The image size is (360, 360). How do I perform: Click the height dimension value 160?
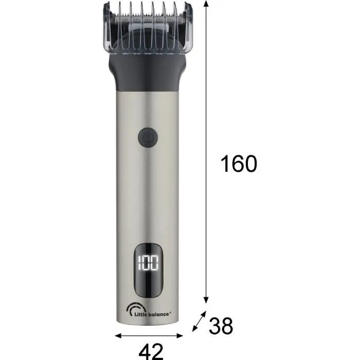(238, 164)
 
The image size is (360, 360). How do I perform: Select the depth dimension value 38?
(221, 326)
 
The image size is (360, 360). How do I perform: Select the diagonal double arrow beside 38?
(197, 322)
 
